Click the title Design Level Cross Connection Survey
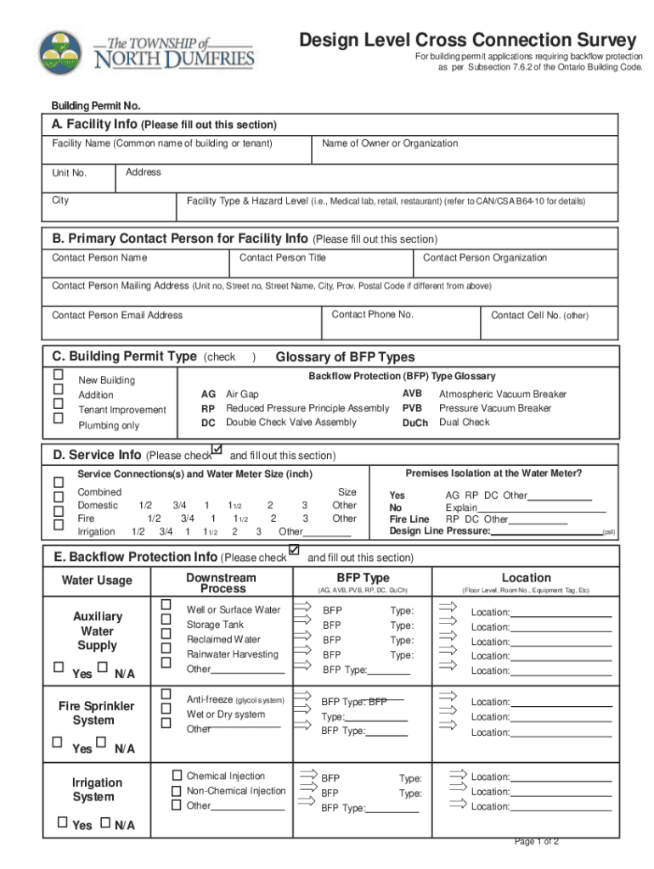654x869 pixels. (466, 40)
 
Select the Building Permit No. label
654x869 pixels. (96, 106)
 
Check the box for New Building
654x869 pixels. (59, 374)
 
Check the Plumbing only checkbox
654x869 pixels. (59, 418)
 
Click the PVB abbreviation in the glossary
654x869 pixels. (412, 408)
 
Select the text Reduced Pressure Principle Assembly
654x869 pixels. (307, 408)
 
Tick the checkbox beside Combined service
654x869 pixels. (59, 482)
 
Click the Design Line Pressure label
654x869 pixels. (439, 531)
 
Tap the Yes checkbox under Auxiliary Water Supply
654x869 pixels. (58, 668)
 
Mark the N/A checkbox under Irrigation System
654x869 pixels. (105, 822)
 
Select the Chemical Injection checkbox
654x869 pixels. (177, 776)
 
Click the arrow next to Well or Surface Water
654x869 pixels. (302, 606)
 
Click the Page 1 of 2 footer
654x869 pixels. (536, 841)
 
